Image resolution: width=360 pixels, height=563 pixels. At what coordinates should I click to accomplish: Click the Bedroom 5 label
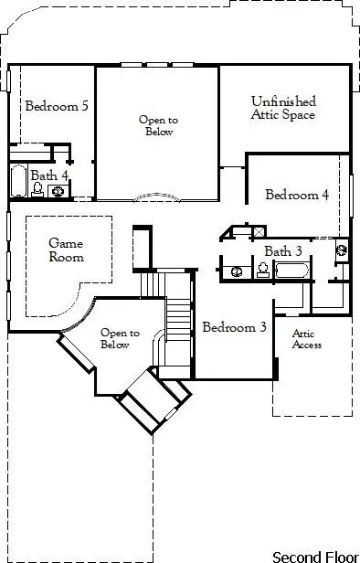point(57,106)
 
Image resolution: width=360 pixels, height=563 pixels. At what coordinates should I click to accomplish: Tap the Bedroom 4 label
point(297,195)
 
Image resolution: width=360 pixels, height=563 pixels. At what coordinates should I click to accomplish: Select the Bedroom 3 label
point(234,327)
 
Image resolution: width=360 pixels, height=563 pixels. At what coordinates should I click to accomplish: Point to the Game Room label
point(66,250)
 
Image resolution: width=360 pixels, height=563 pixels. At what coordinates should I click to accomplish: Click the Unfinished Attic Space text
point(283,108)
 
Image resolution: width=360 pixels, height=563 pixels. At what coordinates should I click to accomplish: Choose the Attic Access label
point(306,339)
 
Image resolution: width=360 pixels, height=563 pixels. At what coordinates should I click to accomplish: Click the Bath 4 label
point(48,174)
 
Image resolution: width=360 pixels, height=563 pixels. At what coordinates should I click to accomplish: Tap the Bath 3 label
point(283,251)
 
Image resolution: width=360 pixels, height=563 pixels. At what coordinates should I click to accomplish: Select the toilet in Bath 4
point(38,189)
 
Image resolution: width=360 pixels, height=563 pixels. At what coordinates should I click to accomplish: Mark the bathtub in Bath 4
point(18,181)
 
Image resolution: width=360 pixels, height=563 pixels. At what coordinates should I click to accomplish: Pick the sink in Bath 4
point(58,191)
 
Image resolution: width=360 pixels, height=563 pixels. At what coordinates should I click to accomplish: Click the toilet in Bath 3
point(262,270)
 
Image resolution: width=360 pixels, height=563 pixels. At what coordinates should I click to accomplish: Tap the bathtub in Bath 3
point(291,271)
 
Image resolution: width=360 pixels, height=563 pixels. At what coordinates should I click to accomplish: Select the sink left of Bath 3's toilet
point(236,271)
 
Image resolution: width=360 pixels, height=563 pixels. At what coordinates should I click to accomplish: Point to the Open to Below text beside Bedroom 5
point(156,125)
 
